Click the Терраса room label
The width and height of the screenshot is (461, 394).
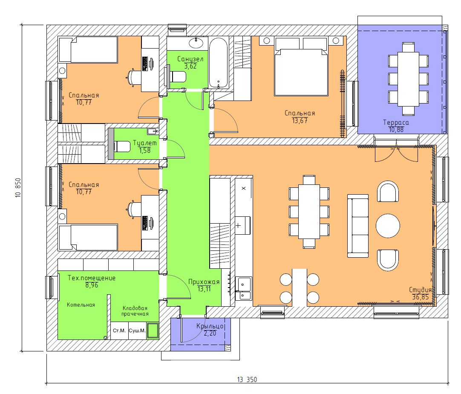pyautogui.click(x=396, y=122)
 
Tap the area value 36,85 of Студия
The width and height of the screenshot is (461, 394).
pyautogui.click(x=421, y=297)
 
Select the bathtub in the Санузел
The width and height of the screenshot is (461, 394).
pyautogui.click(x=219, y=63)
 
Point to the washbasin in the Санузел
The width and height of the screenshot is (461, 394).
pyautogui.click(x=196, y=43)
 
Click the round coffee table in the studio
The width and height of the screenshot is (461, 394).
pyautogui.click(x=388, y=225)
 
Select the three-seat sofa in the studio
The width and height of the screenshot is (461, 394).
pyautogui.click(x=358, y=226)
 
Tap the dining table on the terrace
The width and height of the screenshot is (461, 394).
pyautogui.click(x=408, y=79)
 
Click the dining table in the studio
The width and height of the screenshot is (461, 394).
pyautogui.click(x=309, y=212)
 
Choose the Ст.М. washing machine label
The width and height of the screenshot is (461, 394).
pyautogui.click(x=119, y=331)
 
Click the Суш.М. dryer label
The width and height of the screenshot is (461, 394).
pyautogui.click(x=137, y=331)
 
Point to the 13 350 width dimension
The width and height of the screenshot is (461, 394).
pyautogui.click(x=247, y=380)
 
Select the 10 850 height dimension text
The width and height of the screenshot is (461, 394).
pyautogui.click(x=18, y=187)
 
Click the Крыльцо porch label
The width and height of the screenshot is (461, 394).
pyautogui.click(x=210, y=326)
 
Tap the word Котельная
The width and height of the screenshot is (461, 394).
pyautogui.click(x=81, y=305)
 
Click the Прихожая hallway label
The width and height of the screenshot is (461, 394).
pyautogui.click(x=204, y=282)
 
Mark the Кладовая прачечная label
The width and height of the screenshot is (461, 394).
pyautogui.click(x=135, y=311)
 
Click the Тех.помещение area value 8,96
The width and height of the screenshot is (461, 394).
pyautogui.click(x=92, y=285)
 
